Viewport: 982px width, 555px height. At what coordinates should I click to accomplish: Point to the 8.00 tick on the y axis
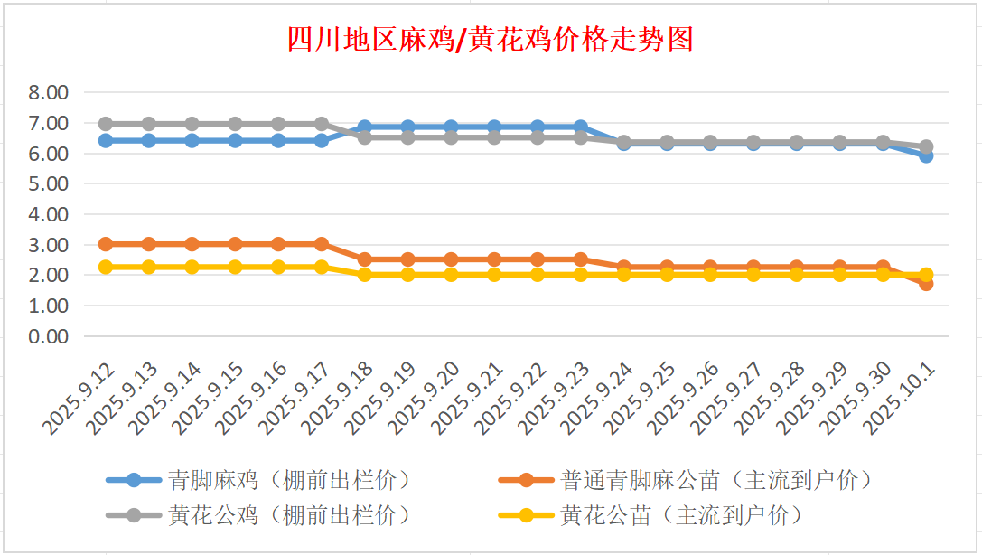49,92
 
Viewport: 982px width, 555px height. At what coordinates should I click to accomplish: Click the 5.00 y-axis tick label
49,183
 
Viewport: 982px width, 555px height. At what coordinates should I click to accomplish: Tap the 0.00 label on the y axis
49,336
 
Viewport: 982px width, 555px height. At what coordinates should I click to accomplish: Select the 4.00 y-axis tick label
49,214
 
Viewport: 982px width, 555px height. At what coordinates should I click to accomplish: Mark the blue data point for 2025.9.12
106,140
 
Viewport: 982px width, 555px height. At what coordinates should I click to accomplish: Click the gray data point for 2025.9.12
106,124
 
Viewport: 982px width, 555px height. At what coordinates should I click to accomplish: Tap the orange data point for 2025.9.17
322,244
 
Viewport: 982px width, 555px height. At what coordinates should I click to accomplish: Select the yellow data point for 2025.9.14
192,268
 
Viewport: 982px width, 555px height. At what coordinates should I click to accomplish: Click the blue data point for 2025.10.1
926,155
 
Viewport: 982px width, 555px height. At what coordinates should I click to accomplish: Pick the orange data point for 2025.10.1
926,284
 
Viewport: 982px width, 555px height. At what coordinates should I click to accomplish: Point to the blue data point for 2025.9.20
451,127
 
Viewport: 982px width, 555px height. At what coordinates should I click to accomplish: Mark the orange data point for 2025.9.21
494,259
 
